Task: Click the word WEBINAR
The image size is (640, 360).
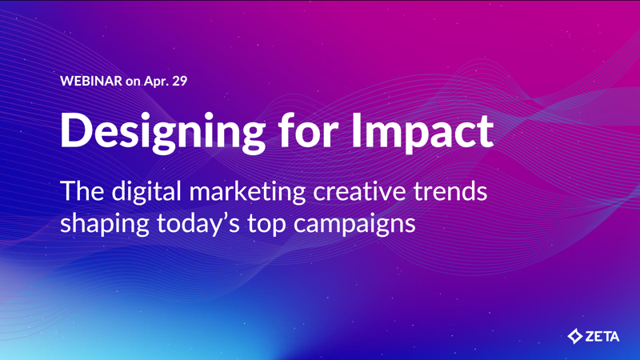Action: [x=90, y=81]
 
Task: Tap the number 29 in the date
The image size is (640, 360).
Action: [x=178, y=81]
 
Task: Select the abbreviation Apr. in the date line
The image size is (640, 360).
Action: [x=155, y=81]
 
